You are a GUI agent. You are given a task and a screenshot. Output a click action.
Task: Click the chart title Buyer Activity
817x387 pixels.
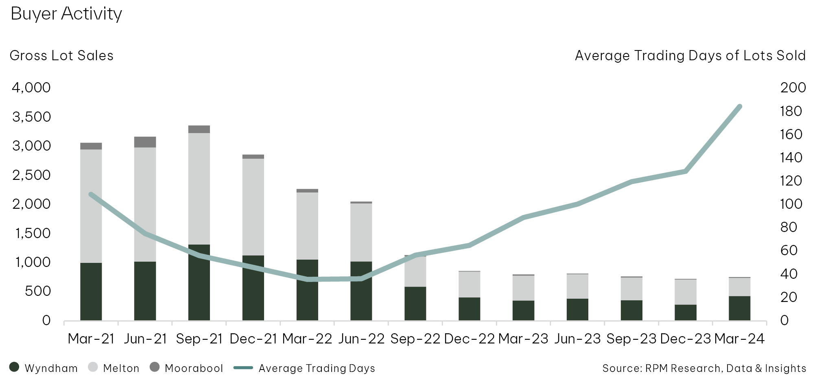66,14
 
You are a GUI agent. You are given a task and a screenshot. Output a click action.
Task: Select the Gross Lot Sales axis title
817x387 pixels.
61,56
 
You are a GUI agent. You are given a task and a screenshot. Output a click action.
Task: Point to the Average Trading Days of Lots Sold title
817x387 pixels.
690,56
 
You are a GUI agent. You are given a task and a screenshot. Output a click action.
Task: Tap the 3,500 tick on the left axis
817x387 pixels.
32,117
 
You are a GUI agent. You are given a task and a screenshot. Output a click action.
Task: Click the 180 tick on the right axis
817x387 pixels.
791,111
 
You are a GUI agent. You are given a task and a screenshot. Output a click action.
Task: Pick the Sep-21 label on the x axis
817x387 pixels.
199,339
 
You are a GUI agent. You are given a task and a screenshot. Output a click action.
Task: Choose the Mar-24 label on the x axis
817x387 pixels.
739,339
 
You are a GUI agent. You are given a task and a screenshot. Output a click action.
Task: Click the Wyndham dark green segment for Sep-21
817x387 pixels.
199,283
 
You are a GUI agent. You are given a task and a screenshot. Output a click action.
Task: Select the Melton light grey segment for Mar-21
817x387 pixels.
91,206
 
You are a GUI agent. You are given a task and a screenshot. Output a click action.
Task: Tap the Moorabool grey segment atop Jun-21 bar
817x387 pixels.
145,142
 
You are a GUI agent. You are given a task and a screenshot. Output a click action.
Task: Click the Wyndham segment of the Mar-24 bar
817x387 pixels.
739,308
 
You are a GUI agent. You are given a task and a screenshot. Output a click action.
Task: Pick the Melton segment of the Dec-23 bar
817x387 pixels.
686,292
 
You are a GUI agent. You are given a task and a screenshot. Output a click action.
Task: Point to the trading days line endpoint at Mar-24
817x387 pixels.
739,107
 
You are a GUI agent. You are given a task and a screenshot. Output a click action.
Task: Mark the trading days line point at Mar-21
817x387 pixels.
91,195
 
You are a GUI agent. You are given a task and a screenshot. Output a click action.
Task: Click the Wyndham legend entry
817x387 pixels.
44,368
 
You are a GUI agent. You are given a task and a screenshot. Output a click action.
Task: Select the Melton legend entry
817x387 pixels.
114,368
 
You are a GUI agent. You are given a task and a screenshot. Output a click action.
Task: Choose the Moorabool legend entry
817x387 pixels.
186,368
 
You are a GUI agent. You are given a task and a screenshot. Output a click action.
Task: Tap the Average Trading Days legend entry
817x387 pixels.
304,368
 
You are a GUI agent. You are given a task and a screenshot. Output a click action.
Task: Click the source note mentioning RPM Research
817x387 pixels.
704,368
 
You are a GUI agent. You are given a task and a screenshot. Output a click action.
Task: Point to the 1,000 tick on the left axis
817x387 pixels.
33,262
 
